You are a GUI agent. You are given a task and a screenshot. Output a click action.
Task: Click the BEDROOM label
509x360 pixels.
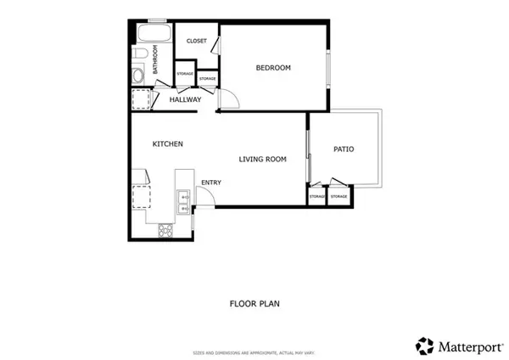(x=273, y=68)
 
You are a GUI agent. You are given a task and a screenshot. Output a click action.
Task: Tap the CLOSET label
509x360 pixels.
(x=196, y=41)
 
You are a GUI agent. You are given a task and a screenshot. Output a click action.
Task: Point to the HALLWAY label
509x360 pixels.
(x=185, y=100)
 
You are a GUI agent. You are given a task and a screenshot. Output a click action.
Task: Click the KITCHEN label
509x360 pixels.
(x=167, y=144)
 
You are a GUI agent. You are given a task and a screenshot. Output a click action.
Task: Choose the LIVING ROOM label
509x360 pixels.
(x=262, y=159)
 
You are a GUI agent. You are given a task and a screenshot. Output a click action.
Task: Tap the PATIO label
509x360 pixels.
(x=344, y=149)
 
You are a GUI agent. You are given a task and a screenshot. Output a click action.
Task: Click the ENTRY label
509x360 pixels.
(x=210, y=182)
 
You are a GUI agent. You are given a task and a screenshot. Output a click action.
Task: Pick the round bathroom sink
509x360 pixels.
(x=138, y=76)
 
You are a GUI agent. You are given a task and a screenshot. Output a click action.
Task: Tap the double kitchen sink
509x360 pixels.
(x=184, y=202)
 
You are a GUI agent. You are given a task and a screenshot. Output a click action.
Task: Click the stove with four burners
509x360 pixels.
(x=165, y=229)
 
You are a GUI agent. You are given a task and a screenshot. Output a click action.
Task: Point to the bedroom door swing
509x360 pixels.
(x=229, y=100)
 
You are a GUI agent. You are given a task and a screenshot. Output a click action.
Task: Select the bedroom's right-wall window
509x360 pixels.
(x=328, y=68)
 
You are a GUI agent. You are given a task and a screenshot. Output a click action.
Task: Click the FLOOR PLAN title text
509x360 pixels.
(x=255, y=303)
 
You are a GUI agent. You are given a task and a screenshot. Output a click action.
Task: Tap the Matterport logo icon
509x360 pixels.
(x=424, y=346)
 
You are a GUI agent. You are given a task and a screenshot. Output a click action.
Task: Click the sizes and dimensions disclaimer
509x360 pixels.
(x=255, y=351)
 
